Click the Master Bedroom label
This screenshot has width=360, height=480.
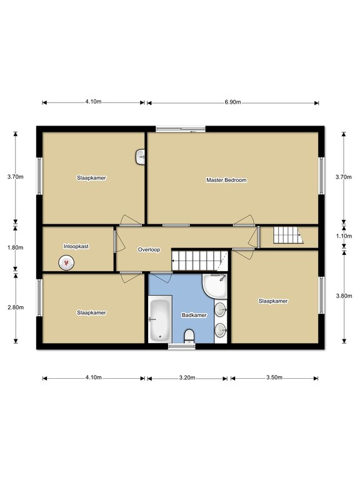point(226,180)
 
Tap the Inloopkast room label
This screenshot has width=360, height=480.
point(76,246)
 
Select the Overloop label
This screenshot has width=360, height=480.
point(149,249)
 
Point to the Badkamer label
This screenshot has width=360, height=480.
point(194,315)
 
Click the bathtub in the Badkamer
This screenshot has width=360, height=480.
point(160,319)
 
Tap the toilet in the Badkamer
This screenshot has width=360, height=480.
point(189,336)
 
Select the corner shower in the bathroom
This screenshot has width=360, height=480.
point(214,286)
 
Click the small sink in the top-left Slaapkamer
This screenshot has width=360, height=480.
point(140,157)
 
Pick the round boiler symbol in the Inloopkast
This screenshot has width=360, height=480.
point(66,262)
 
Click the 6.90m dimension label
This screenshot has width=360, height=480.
point(232,102)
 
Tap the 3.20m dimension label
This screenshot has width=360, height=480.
point(187,377)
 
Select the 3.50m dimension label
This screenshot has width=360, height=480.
point(274,377)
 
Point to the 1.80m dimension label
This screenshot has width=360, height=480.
point(15,247)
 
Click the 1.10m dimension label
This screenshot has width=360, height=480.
point(344,236)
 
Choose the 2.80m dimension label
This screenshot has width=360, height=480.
point(16,307)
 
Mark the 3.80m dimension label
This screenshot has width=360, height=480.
point(344,296)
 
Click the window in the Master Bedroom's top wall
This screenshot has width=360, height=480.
point(181,129)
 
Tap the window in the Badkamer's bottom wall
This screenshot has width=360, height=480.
point(181,346)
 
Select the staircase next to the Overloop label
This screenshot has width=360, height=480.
point(199,261)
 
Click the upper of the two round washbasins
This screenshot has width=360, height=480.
point(221,310)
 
